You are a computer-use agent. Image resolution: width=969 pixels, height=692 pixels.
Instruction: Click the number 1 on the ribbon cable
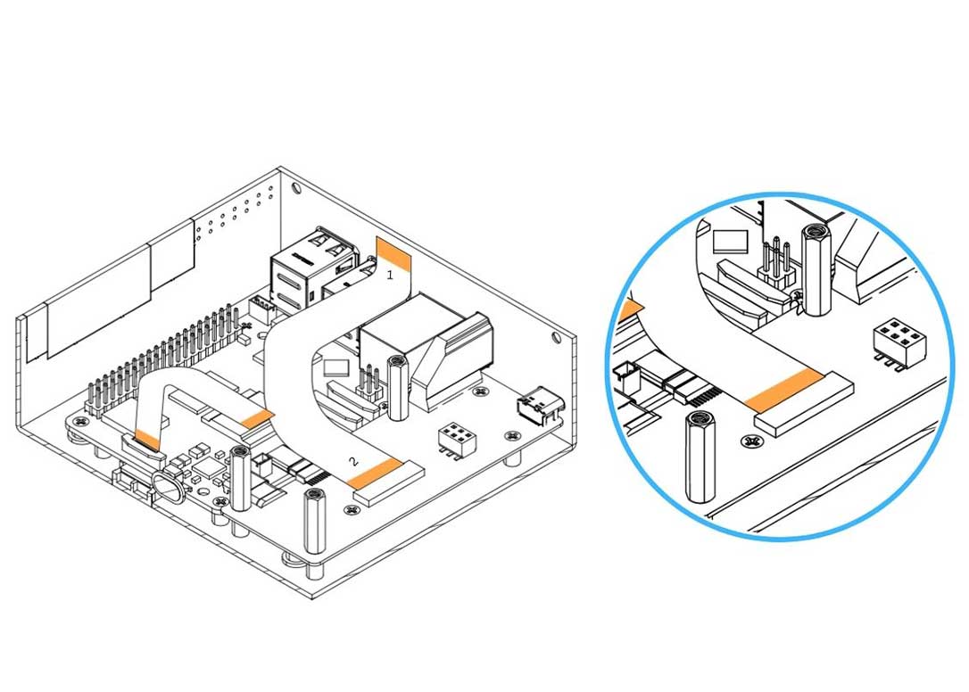point(389,276)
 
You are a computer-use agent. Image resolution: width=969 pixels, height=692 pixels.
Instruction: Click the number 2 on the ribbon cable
point(353,461)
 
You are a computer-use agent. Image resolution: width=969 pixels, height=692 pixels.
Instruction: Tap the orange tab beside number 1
point(393,253)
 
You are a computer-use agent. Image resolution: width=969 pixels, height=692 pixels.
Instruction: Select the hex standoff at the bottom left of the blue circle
point(698,457)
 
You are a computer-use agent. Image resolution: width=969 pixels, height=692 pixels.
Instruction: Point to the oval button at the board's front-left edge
point(167,487)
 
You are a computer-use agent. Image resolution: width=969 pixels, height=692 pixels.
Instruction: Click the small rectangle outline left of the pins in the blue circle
point(729,242)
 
